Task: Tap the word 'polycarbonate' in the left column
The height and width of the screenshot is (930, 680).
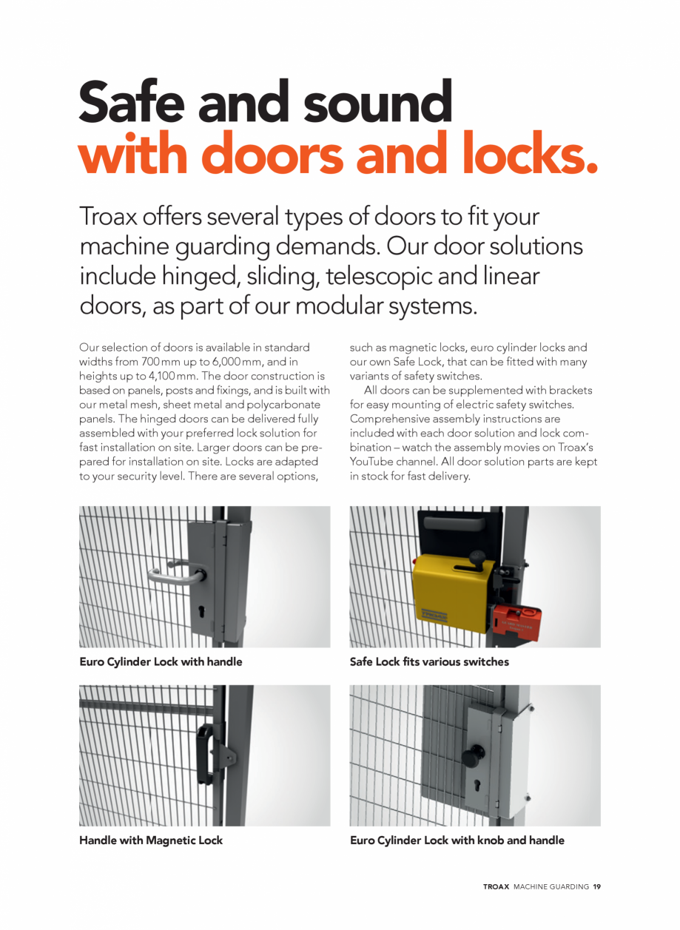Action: pyautogui.click(x=285, y=405)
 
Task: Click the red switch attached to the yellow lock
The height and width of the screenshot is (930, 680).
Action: pyautogui.click(x=517, y=616)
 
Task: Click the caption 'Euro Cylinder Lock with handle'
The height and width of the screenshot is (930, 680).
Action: pyautogui.click(x=161, y=661)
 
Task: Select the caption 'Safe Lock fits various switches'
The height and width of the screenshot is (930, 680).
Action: pyautogui.click(x=429, y=661)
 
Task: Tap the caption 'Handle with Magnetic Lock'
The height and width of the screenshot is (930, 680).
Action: pyautogui.click(x=151, y=840)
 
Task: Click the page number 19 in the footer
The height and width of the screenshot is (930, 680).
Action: pyautogui.click(x=596, y=886)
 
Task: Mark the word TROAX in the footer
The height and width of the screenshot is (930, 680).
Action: pyautogui.click(x=496, y=886)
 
